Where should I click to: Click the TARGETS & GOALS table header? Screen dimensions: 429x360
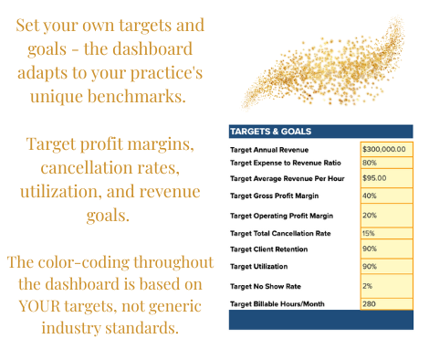click(x=321, y=132)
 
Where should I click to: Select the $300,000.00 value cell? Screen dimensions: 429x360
click(x=386, y=149)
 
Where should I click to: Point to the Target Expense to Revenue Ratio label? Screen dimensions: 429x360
click(x=286, y=163)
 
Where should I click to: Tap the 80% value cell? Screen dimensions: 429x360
click(x=386, y=163)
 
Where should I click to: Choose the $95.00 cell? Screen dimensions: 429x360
click(x=386, y=178)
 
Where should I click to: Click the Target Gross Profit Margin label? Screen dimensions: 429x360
click(x=274, y=196)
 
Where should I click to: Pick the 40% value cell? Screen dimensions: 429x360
click(x=386, y=196)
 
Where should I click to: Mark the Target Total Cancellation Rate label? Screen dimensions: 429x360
click(x=280, y=233)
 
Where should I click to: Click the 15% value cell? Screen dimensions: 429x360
click(x=386, y=233)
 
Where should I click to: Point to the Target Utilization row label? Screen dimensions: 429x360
click(x=258, y=267)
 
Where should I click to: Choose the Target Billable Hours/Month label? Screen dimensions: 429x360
click(x=277, y=304)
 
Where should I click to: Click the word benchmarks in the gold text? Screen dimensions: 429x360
click(x=137, y=96)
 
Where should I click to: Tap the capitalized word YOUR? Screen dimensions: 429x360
click(x=39, y=306)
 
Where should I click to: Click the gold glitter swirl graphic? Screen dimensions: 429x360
click(x=323, y=63)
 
